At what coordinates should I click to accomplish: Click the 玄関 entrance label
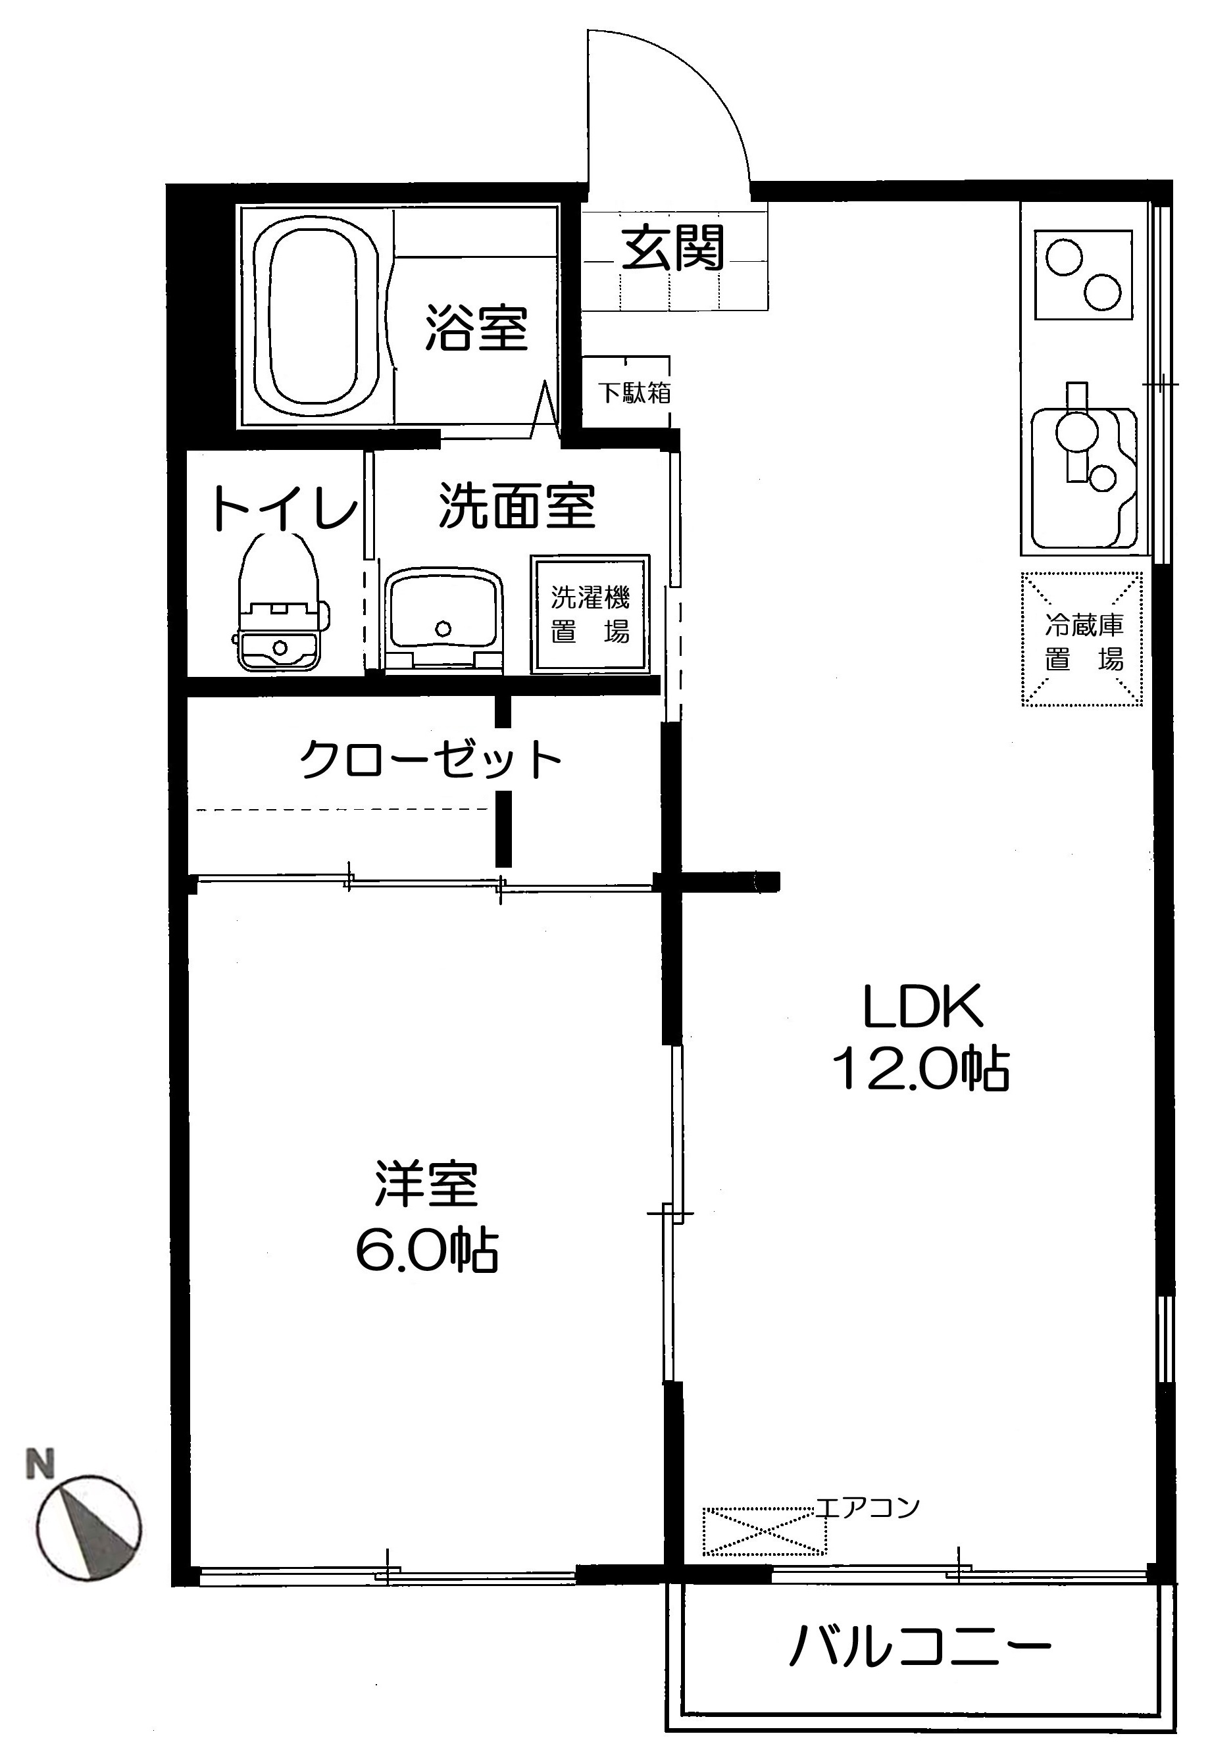pyautogui.click(x=674, y=249)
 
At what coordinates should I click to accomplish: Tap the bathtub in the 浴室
pyautogui.click(x=314, y=318)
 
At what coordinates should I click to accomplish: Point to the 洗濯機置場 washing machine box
pyautogui.click(x=590, y=614)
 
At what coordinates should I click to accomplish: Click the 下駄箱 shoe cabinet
pyautogui.click(x=633, y=392)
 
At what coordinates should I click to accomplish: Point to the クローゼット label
pyautogui.click(x=431, y=759)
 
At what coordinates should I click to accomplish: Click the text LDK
pyautogui.click(x=922, y=1006)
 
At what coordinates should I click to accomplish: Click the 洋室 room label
pyautogui.click(x=426, y=1184)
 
